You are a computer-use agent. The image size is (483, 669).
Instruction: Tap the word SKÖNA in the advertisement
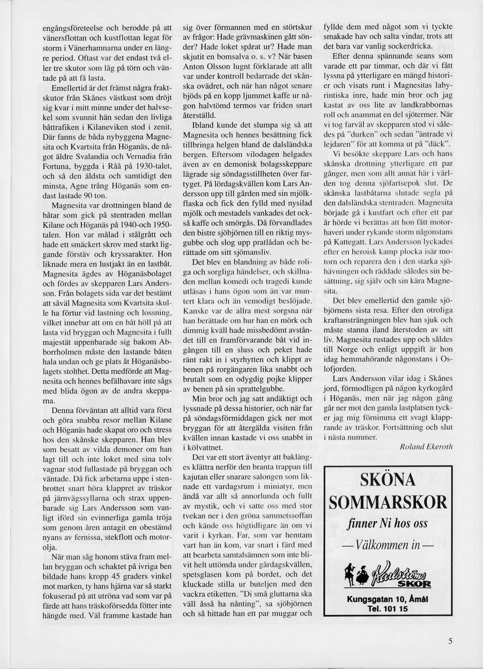[x=388, y=480]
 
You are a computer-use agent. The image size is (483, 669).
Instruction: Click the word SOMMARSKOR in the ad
[x=388, y=502]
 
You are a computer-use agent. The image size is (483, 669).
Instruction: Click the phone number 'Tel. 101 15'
[x=388, y=609]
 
